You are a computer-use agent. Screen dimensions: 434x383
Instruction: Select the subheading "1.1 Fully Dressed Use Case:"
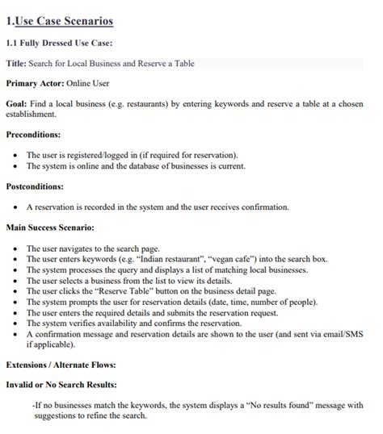[59, 43]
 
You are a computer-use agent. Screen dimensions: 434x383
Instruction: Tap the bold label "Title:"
[16, 63]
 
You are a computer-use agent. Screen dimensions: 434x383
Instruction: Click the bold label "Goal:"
[17, 104]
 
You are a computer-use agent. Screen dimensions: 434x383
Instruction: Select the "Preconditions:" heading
[33, 135]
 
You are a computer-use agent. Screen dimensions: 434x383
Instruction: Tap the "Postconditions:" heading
[35, 186]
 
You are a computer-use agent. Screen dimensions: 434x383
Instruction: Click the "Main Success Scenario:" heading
[50, 228]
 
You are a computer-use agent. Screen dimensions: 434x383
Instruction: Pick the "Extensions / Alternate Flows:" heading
[60, 365]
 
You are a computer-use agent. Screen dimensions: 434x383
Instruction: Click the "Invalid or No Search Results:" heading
[61, 385]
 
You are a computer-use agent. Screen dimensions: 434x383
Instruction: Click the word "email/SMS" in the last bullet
[343, 333]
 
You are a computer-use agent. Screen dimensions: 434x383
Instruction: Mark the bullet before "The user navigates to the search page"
[17, 249]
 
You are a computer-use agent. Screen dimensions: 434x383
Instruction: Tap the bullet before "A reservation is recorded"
[17, 207]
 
